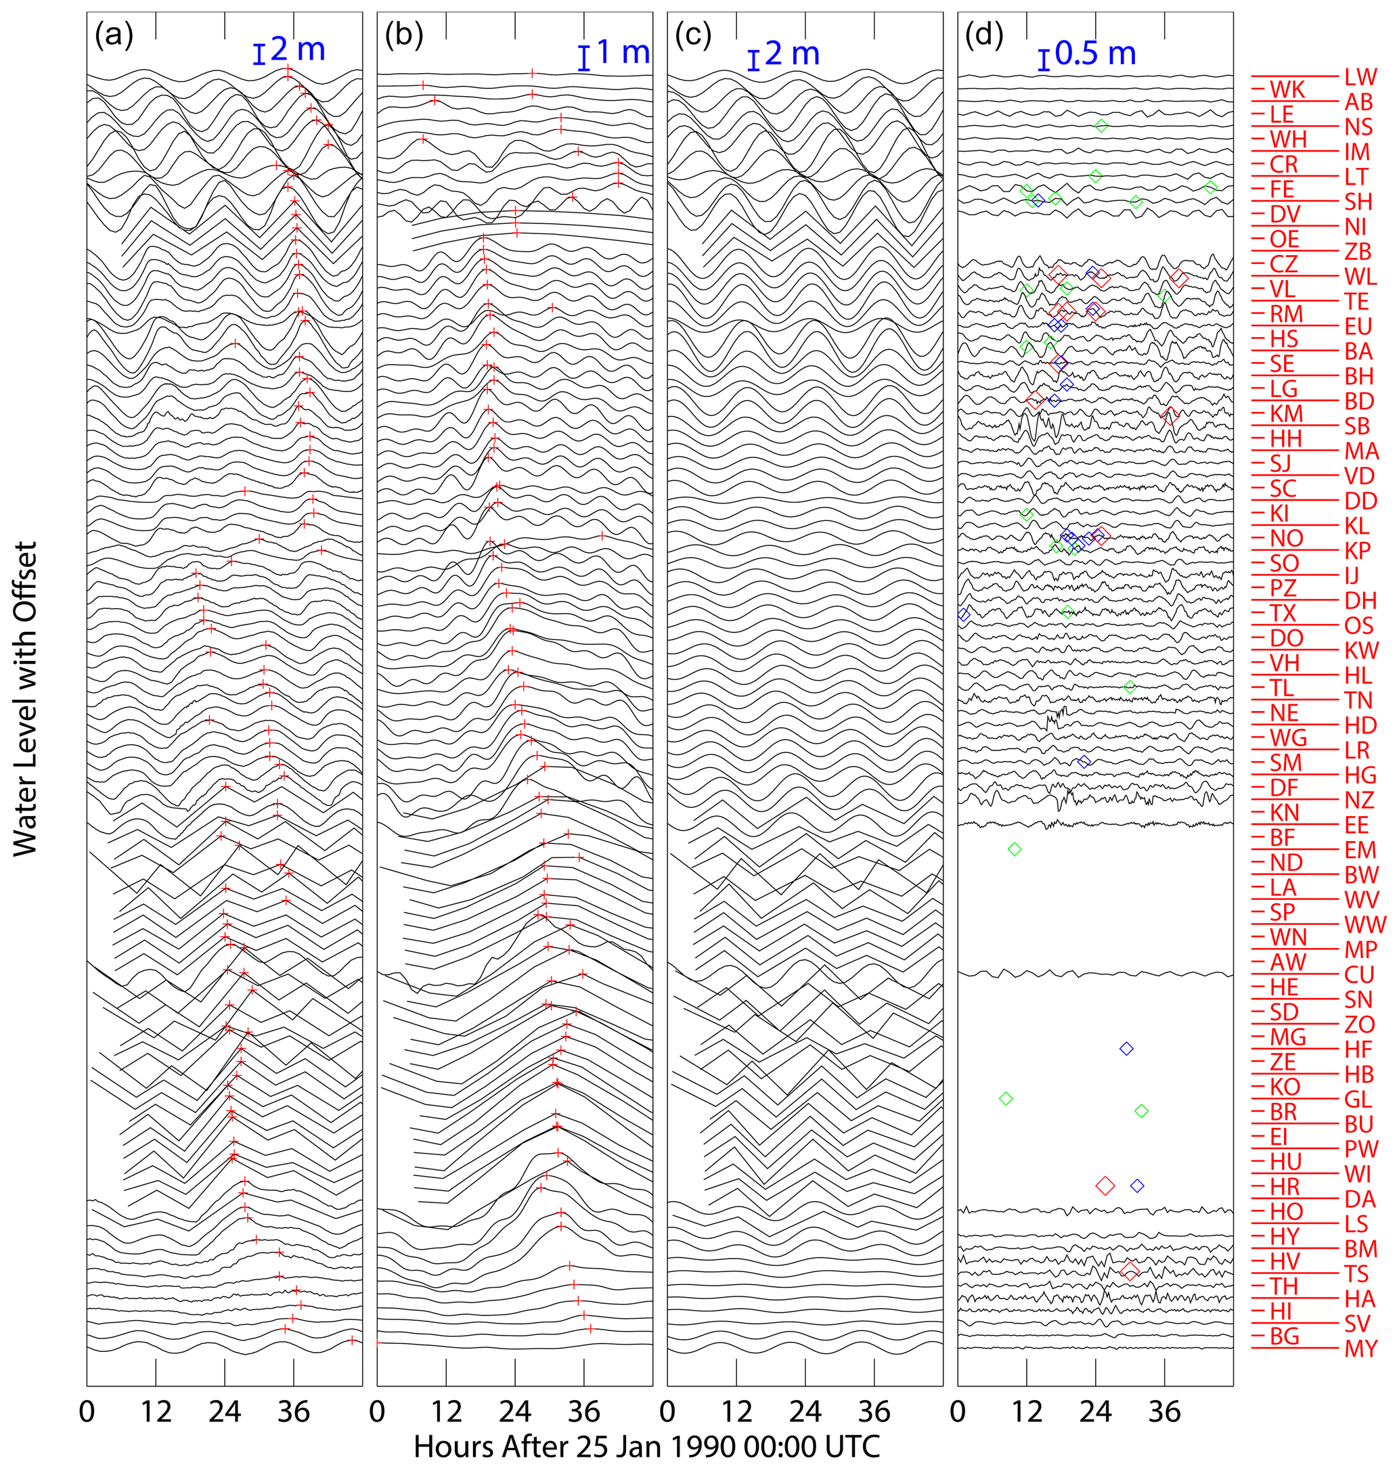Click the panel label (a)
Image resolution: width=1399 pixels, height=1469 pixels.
coord(113,36)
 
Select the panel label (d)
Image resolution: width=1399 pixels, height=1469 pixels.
coord(984,36)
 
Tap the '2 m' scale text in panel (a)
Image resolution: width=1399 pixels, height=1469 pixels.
coord(298,50)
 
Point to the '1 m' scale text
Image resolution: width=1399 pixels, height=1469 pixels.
coord(623,52)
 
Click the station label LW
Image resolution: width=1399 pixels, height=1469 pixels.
coord(1360,77)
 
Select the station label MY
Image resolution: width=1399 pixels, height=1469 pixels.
coord(1360,1348)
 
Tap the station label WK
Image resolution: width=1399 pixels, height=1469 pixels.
coord(1287,89)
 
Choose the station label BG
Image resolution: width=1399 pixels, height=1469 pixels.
coord(1284,1336)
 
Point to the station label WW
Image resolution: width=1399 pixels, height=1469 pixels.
coord(1364,925)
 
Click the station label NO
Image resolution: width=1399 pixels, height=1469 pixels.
coord(1287,539)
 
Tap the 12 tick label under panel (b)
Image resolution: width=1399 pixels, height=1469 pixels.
coord(446,1411)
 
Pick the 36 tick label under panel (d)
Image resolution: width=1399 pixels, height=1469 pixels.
coord(1164,1411)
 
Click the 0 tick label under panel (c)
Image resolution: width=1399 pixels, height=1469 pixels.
coord(667,1411)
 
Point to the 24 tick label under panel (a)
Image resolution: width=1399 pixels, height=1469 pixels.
coord(225,1411)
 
